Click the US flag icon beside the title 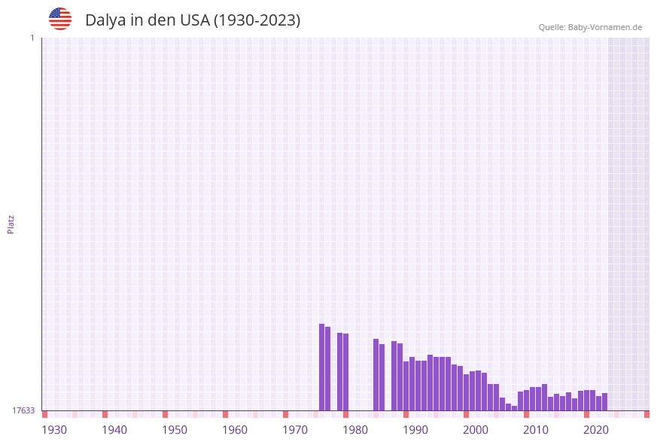[60, 19]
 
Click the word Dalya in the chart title [105, 20]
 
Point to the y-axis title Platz [11, 224]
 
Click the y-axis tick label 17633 [23, 410]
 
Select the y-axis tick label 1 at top [32, 38]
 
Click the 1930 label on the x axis [54, 430]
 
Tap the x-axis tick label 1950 [175, 430]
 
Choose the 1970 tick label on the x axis [295, 430]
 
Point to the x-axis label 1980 [355, 430]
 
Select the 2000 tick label [476, 430]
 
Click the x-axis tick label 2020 [596, 430]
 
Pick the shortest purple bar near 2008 [515, 408]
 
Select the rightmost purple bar [604, 402]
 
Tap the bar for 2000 [472, 391]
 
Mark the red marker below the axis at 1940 [105, 414]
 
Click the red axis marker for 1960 [225, 414]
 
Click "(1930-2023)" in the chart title [257, 20]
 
